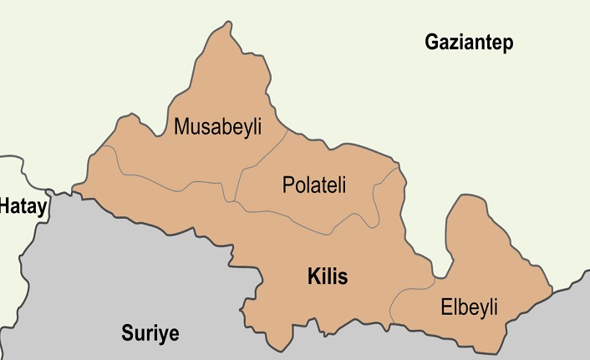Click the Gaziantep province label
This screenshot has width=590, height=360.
pyautogui.click(x=468, y=43)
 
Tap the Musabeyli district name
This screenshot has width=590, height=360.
pyautogui.click(x=217, y=127)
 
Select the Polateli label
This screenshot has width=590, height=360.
pyautogui.click(x=314, y=185)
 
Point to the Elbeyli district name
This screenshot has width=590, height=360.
pyautogui.click(x=469, y=307)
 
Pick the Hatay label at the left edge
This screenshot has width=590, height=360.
pyautogui.click(x=23, y=205)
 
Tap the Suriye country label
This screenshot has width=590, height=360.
pyautogui.click(x=150, y=333)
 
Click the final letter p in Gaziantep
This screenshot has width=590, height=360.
pyautogui.click(x=507, y=45)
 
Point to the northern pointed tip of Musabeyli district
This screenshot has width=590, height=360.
pyautogui.click(x=223, y=26)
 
